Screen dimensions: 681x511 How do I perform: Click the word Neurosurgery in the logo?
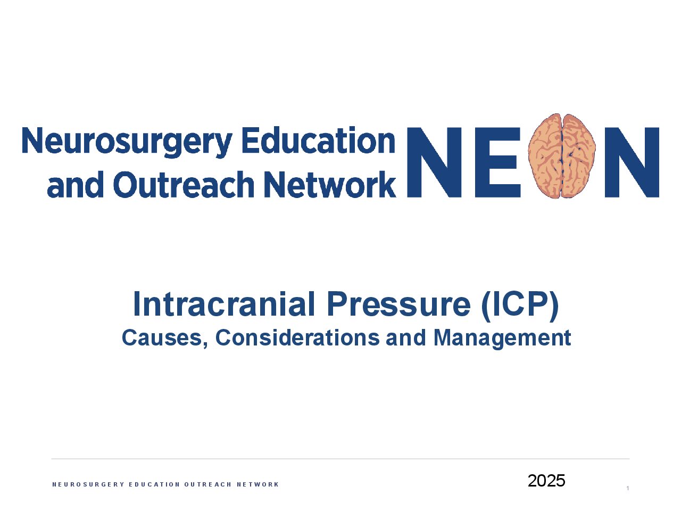pos(127,142)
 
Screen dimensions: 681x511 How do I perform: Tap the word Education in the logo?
pos(318,140)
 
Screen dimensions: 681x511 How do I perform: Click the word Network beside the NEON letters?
pos(330,185)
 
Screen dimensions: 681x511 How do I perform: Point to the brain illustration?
pos(562,156)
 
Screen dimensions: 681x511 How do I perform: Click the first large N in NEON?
pos(434,162)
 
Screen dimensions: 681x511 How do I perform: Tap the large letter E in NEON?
pos(497,162)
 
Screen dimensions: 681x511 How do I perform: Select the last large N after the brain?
pos(632,162)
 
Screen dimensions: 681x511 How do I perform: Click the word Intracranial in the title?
pos(223,304)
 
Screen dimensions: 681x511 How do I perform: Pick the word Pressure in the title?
pos(398,304)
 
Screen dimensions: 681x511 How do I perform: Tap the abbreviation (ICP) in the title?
pos(520,306)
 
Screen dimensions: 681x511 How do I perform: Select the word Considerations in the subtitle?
pos(297,337)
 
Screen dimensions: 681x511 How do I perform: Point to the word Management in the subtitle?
pos(502,339)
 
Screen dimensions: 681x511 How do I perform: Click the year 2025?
pos(546,481)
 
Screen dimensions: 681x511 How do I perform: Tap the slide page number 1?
pos(628,488)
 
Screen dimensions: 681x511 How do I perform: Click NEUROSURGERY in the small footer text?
pos(88,484)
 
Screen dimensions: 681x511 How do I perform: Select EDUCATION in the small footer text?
pos(154,484)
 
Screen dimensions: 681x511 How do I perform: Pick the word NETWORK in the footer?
pos(258,484)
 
